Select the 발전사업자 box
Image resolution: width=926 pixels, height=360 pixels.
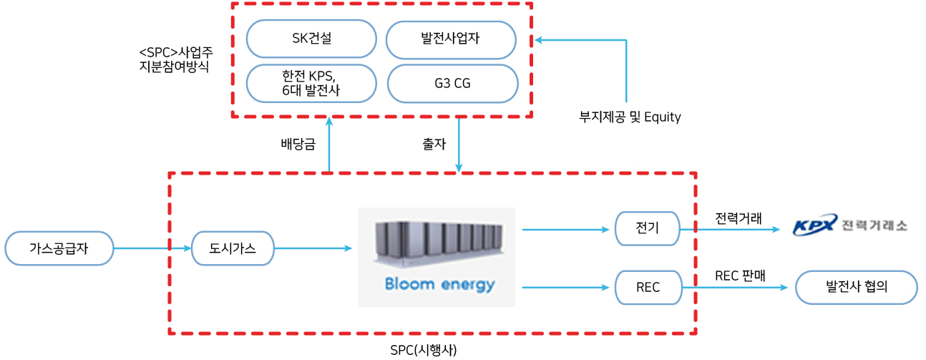[451, 39]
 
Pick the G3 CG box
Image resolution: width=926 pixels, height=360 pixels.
[452, 84]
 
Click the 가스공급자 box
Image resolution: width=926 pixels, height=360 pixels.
[59, 248]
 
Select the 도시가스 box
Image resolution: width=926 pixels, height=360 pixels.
[233, 248]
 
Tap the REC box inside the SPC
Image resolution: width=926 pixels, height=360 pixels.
[647, 288]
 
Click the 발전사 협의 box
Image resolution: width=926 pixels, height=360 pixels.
[856, 288]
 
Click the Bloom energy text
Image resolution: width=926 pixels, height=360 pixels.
[439, 285]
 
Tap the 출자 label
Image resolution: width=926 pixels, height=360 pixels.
[434, 144]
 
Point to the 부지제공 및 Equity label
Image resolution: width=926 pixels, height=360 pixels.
[630, 117]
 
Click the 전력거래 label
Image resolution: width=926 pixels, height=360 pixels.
[739, 218]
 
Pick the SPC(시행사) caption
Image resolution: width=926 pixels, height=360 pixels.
[424, 350]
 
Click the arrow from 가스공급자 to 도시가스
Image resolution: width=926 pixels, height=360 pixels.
[152, 248]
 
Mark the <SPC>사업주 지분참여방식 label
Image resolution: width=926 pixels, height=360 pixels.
[176, 62]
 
